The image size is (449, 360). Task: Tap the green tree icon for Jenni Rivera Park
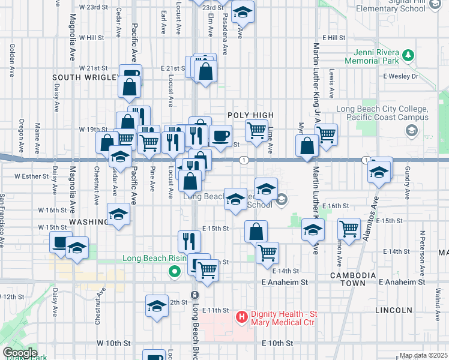pyautogui.click(x=408, y=55)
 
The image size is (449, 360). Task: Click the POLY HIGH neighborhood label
pyautogui.click(x=250, y=115)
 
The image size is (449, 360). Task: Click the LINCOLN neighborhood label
pyautogui.click(x=393, y=310)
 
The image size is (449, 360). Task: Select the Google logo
pyautogui.click(x=20, y=353)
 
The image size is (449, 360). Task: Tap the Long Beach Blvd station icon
pyautogui.click(x=194, y=295)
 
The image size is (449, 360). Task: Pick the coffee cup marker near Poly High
pyautogui.click(x=220, y=135)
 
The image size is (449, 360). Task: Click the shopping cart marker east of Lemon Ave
pyautogui.click(x=349, y=229)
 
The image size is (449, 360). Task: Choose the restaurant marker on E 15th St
pyautogui.click(x=189, y=241)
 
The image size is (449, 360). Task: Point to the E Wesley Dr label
pyautogui.click(x=400, y=76)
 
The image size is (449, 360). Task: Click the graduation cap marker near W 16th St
pyautogui.click(x=118, y=215)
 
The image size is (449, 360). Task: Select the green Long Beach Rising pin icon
pyautogui.click(x=175, y=272)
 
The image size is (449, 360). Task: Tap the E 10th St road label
pyautogui.click(x=277, y=343)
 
